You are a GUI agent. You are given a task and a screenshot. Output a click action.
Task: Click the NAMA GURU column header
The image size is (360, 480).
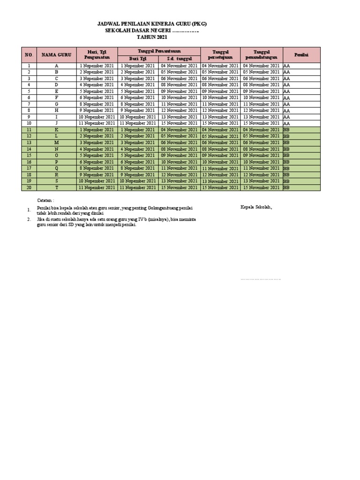[56, 55]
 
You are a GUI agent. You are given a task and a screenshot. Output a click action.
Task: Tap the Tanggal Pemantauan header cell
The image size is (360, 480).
[159, 50]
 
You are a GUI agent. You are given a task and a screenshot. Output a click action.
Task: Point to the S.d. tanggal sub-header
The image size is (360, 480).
[179, 59]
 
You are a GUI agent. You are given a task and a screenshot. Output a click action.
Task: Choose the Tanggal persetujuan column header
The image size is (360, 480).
[220, 54]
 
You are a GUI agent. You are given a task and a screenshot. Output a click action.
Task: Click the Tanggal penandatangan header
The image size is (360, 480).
[262, 54]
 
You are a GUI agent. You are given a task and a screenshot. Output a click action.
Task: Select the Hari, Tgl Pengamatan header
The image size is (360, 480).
[97, 54]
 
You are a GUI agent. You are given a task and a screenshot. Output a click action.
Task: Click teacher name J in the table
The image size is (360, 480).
[56, 123]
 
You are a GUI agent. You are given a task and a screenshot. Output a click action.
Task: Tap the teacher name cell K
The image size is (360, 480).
[56, 130]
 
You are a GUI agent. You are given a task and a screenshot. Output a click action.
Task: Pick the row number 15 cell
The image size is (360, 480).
[29, 155]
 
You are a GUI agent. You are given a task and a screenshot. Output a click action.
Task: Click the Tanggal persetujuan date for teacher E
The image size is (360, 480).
[220, 91]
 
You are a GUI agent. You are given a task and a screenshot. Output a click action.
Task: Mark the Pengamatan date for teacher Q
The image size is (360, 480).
[97, 168]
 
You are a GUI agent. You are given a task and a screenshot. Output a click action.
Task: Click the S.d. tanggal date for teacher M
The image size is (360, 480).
[179, 142]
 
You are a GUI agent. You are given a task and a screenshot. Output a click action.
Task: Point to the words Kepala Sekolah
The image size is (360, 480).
[256, 207]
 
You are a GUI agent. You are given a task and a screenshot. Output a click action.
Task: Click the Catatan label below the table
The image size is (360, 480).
[46, 200]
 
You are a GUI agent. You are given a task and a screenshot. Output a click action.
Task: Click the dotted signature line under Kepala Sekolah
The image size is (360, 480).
[260, 279]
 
